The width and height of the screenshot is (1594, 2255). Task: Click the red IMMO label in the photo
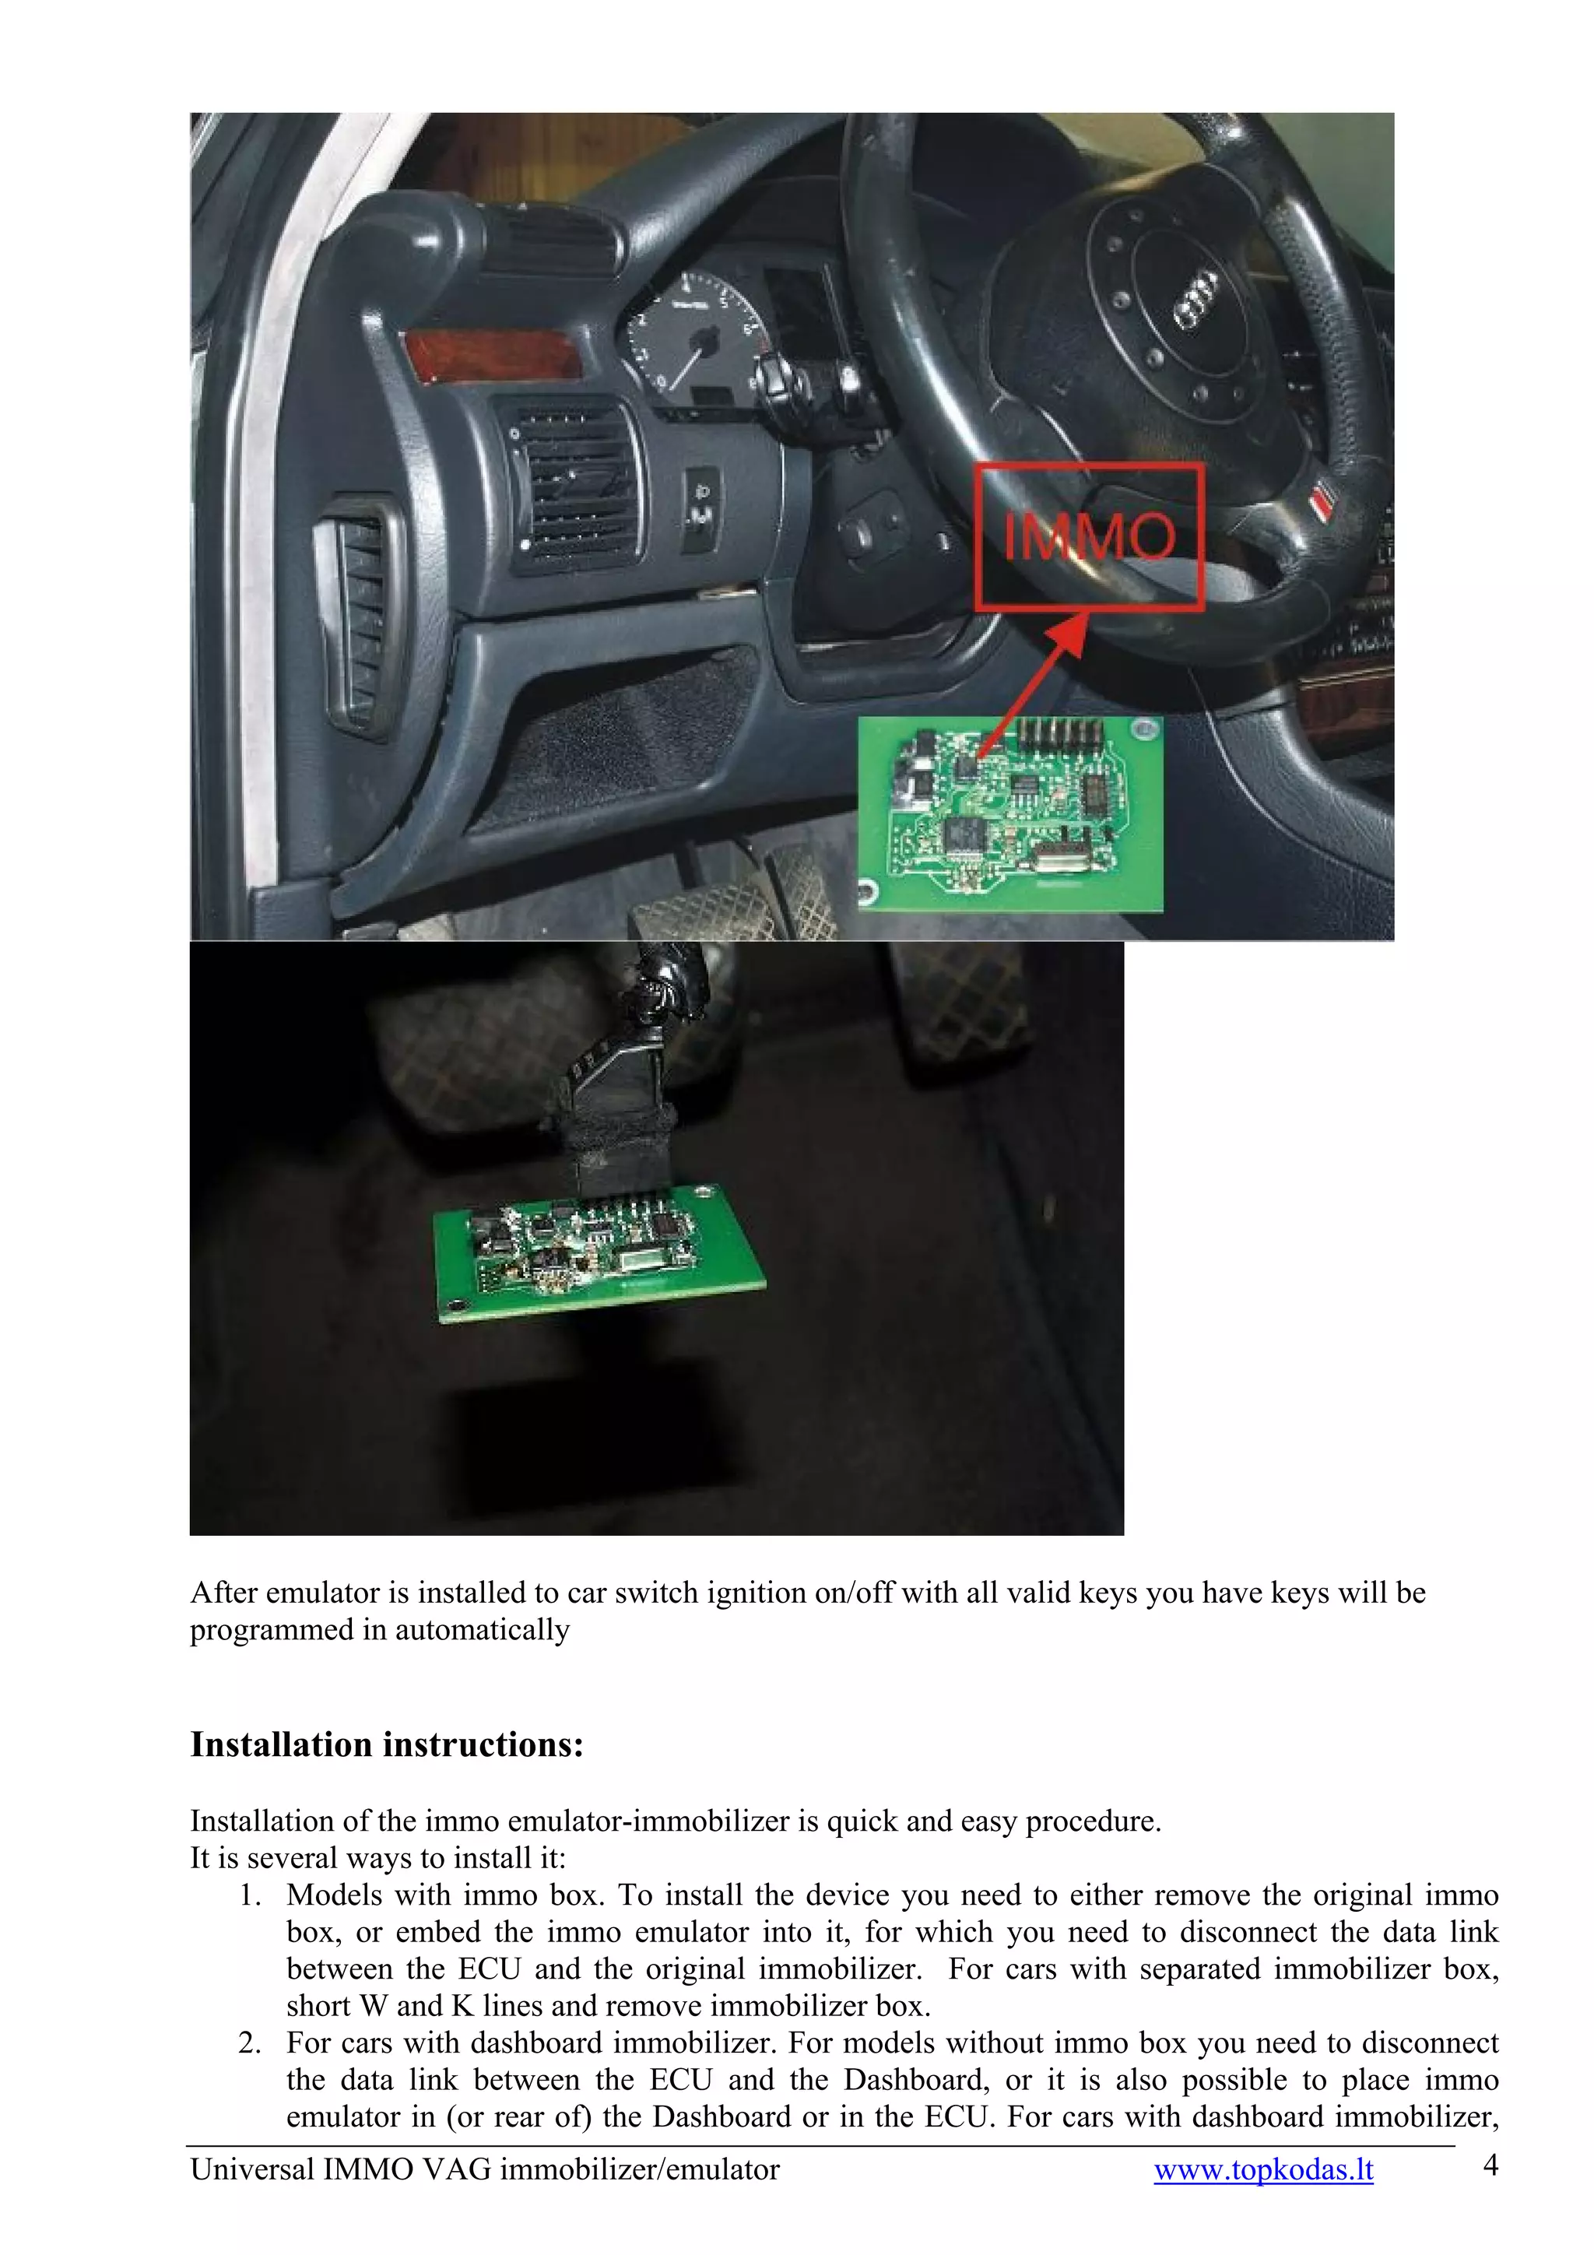pyautogui.click(x=1088, y=537)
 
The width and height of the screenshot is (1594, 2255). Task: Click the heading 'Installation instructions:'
pyautogui.click(x=387, y=1745)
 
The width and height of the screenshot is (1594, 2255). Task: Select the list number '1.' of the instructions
pyautogui.click(x=251, y=1895)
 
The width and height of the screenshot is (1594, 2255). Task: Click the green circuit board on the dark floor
pyautogui.click(x=597, y=1252)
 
